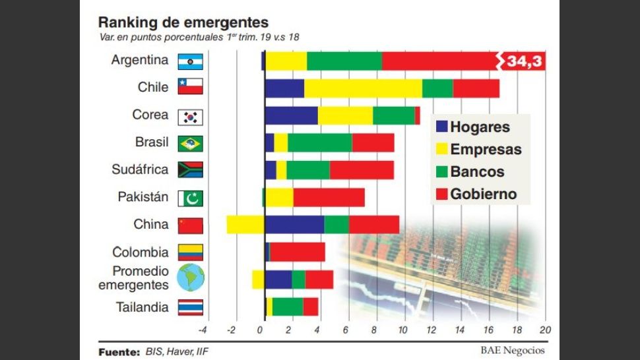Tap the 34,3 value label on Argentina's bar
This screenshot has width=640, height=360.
525,61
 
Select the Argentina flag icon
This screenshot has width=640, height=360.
191,62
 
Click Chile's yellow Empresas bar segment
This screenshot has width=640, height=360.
363,88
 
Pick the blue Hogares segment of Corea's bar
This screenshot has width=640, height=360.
290,115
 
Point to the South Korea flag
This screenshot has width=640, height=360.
191,117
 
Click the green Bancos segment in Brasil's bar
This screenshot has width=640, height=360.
319,142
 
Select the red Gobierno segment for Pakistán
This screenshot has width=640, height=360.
329,197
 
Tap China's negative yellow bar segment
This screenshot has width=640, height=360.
245,224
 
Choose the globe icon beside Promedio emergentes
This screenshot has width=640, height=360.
191,278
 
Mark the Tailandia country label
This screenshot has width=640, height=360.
142,307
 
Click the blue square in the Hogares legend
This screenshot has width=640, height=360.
441,127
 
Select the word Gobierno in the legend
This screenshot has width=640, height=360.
484,194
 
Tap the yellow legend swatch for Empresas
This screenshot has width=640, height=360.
441,149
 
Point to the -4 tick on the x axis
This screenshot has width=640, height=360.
203,330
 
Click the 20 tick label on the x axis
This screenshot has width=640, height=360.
544,330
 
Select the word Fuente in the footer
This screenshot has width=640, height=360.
119,351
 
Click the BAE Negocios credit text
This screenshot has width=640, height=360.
513,351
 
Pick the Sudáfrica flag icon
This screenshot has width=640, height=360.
191,170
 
